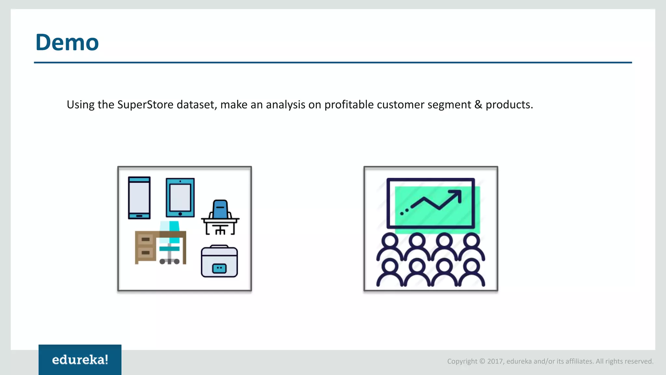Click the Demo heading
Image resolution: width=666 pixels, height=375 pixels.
tap(67, 43)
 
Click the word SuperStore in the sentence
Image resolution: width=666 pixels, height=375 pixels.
tap(145, 105)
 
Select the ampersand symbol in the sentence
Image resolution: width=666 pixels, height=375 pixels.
tap(478, 105)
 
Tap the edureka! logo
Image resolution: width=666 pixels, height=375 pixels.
tap(80, 360)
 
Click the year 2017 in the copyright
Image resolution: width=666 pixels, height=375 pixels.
tap(495, 361)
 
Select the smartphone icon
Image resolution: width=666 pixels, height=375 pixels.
tap(139, 198)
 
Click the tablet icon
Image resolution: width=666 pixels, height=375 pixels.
tap(180, 197)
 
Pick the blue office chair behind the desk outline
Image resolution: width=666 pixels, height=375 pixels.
tap(220, 209)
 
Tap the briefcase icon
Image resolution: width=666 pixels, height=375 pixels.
tap(220, 262)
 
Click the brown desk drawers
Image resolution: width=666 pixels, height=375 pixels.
tap(145, 246)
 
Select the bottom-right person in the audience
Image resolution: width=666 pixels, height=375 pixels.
tap(471, 273)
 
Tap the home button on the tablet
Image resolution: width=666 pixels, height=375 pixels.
tap(180, 214)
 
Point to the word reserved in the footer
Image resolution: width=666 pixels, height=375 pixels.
tap(641, 361)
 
